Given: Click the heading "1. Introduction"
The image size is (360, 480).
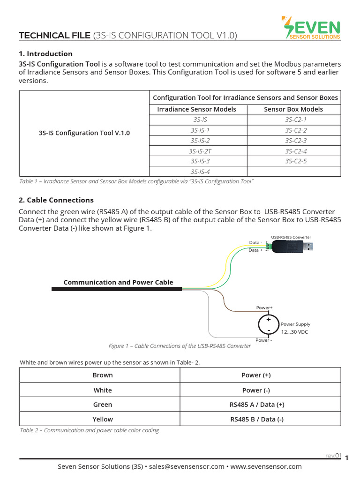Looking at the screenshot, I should tap(45, 53).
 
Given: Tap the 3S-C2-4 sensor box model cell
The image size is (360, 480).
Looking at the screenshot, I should tap(296, 151).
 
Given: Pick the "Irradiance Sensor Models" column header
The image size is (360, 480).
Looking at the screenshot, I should tap(196, 109).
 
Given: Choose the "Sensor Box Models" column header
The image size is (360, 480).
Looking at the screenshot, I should tap(293, 109).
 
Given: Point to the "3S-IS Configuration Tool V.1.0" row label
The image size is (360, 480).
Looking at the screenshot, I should tap(84, 133).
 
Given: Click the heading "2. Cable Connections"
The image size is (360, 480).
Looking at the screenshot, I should tap(56, 200).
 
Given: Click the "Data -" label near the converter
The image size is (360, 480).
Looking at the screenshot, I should tap(255, 243).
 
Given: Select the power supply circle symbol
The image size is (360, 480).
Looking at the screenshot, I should tap(269, 324).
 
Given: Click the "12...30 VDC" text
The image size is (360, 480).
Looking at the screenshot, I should tap(294, 332).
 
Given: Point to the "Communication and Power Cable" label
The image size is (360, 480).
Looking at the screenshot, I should tap(118, 282).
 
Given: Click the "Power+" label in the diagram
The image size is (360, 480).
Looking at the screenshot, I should tap(264, 308).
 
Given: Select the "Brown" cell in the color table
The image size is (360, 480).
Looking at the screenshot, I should tap(103, 375).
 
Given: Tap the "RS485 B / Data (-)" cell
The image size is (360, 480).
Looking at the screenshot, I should tap(256, 419).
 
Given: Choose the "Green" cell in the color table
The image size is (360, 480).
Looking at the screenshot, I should tap(103, 404).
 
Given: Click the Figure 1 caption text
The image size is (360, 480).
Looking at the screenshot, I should tap(180, 346).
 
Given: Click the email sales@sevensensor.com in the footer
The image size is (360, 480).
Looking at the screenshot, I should tap(187, 466).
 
